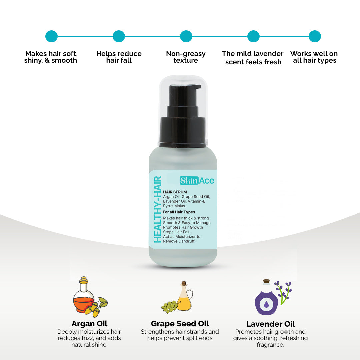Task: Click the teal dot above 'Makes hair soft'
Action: [51, 36]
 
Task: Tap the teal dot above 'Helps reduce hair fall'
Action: [119, 36]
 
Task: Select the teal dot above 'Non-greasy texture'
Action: [186, 36]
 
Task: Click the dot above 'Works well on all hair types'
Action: [315, 36]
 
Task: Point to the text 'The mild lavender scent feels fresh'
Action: [253, 58]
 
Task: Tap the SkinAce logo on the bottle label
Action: [197, 181]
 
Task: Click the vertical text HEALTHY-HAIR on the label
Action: [157, 209]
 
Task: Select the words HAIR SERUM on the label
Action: [175, 192]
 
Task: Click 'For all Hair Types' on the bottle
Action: [179, 212]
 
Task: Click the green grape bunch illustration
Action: [169, 305]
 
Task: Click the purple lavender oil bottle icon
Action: [266, 299]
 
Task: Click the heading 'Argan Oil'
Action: [89, 324]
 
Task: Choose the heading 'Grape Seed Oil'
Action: [180, 324]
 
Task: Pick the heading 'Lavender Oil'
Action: [271, 324]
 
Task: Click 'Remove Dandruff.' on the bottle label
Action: [179, 241]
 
